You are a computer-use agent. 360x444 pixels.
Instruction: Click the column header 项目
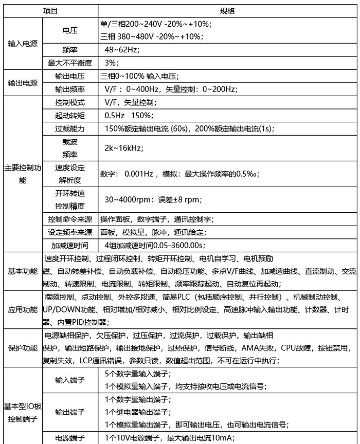[x=50, y=10]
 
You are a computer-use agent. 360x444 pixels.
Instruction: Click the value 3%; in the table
[x=111, y=63]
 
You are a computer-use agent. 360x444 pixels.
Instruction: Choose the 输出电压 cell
[x=70, y=76]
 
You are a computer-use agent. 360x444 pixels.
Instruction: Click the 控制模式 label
[x=70, y=102]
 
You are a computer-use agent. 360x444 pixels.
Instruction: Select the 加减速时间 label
[x=70, y=245]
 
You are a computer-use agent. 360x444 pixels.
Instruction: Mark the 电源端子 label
[x=70, y=438]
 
